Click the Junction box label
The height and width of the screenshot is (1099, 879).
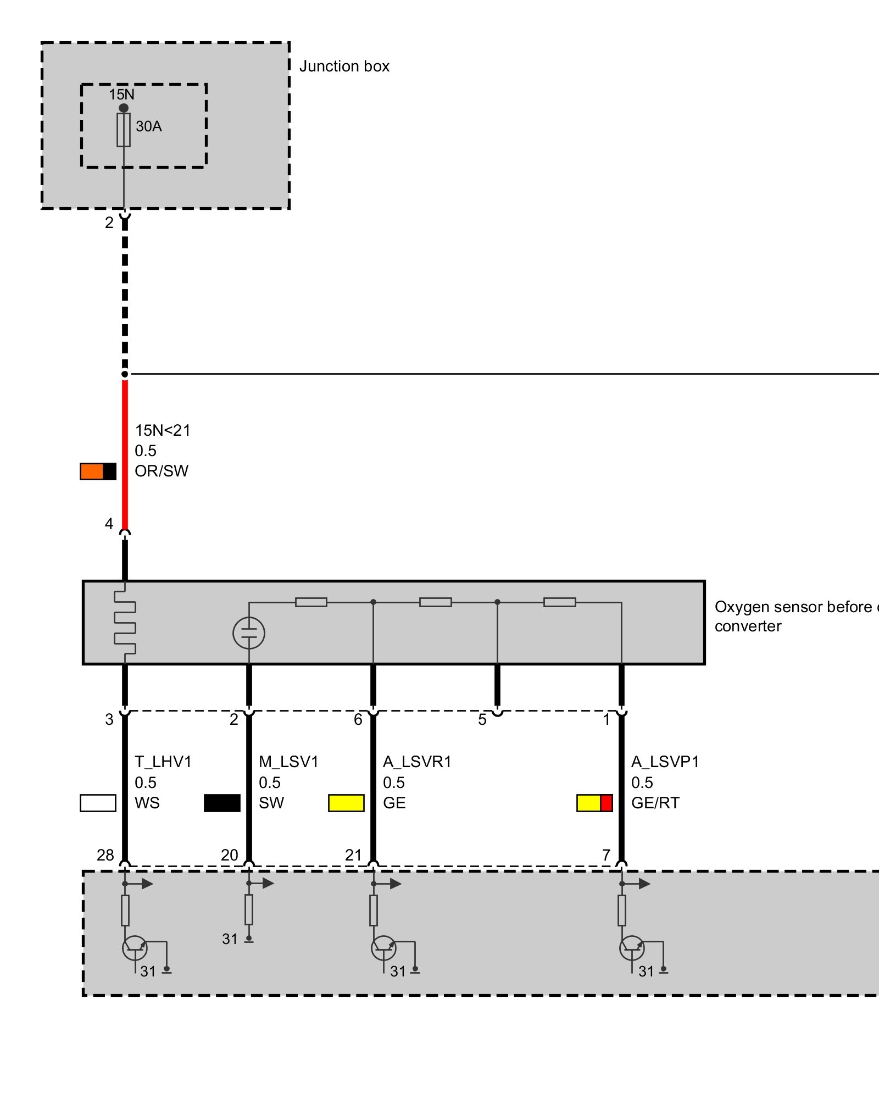click(344, 66)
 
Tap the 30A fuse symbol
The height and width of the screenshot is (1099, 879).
click(124, 130)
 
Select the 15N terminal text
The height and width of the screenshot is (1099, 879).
click(121, 95)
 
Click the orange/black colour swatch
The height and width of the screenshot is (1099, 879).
click(98, 471)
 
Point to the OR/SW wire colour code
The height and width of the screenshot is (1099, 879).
click(162, 471)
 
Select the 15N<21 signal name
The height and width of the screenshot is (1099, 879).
click(163, 430)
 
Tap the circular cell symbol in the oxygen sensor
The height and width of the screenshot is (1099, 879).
click(249, 633)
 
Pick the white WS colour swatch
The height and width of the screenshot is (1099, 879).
click(98, 803)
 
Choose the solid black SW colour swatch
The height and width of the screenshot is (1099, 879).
click(222, 803)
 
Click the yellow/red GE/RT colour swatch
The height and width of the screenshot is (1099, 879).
click(594, 803)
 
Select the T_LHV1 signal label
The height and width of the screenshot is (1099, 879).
click(163, 762)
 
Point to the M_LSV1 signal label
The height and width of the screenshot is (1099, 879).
click(288, 762)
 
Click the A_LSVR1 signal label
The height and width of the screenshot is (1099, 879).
click(417, 762)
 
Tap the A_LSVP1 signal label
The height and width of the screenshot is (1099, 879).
click(665, 762)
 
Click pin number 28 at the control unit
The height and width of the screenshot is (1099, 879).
click(105, 855)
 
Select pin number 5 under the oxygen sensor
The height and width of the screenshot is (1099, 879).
click(482, 719)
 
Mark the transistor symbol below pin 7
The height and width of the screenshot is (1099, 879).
click(632, 948)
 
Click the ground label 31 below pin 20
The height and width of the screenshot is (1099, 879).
click(230, 939)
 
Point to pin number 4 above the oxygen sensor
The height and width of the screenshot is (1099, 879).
click(109, 524)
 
